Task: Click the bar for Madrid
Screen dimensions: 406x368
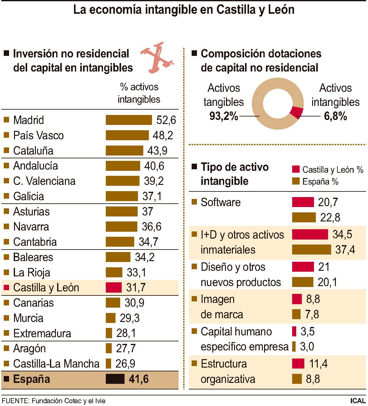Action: tap(129, 120)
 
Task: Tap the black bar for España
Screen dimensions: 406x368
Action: tap(115, 379)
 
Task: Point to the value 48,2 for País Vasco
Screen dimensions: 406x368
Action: tap(163, 135)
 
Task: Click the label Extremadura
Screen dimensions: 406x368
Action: tap(42, 333)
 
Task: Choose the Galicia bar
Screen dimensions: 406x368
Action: tap(122, 196)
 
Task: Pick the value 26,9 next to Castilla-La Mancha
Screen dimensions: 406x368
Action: tap(125, 364)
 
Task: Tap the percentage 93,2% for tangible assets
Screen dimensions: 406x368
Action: tap(223, 116)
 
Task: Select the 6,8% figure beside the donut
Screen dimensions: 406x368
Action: tap(335, 116)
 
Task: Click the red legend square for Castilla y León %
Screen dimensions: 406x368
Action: tap(296, 170)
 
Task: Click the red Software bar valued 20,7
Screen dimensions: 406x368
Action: tap(303, 202)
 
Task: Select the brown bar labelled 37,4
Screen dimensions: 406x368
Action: tap(311, 250)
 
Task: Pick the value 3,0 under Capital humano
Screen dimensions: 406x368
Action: tap(307, 347)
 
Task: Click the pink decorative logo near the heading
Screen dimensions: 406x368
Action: tap(157, 58)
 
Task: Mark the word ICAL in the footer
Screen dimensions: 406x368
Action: tap(358, 401)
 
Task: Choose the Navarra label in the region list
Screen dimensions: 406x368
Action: tap(31, 226)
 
